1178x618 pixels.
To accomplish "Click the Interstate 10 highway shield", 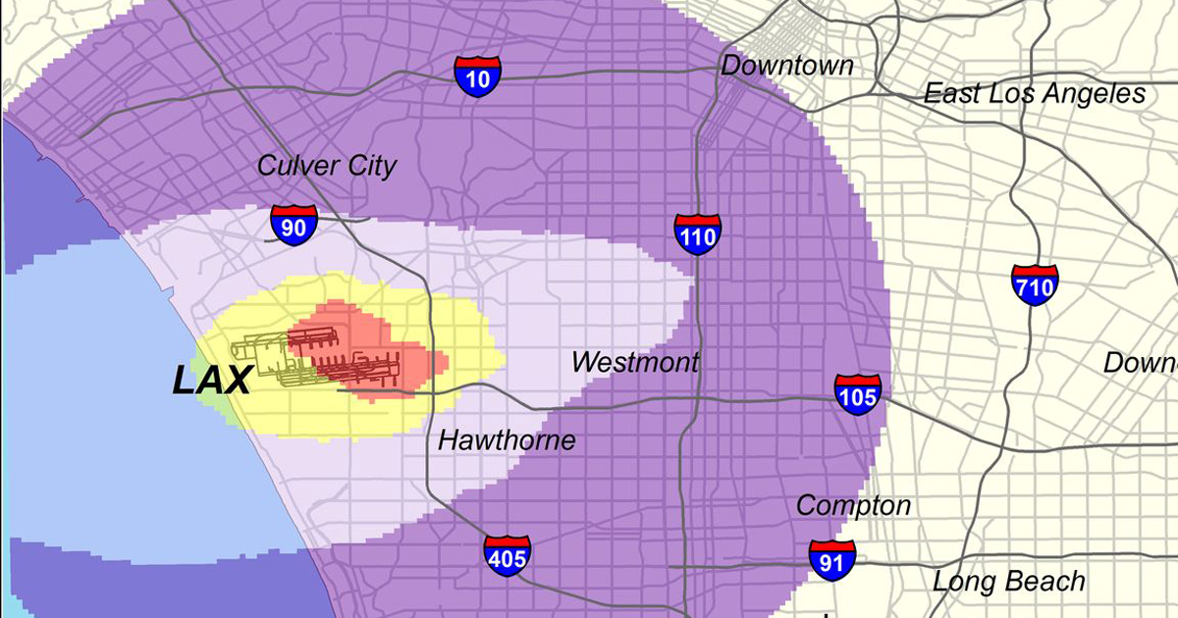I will (x=477, y=76).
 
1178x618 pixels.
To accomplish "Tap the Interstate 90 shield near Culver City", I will (x=294, y=225).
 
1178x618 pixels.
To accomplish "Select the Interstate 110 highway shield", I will (x=698, y=233).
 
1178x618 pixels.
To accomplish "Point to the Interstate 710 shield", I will (x=1034, y=283).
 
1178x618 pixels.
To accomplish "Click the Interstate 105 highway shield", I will (x=858, y=393).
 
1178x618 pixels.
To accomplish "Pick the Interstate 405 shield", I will (x=508, y=555).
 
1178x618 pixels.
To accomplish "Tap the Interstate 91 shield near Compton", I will (x=831, y=559).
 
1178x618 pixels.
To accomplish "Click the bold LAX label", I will (x=212, y=381).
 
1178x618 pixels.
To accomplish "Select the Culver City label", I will (x=326, y=165).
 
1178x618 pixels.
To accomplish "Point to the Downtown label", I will (x=786, y=66).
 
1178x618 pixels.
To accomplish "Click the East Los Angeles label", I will (x=1034, y=94).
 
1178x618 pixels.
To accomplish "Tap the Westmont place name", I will (x=635, y=362).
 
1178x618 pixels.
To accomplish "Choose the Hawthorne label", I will (x=506, y=439).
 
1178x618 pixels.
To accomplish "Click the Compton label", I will (x=853, y=506).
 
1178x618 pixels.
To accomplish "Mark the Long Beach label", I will (x=1008, y=581).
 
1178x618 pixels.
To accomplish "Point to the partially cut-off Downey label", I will (x=1141, y=362).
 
